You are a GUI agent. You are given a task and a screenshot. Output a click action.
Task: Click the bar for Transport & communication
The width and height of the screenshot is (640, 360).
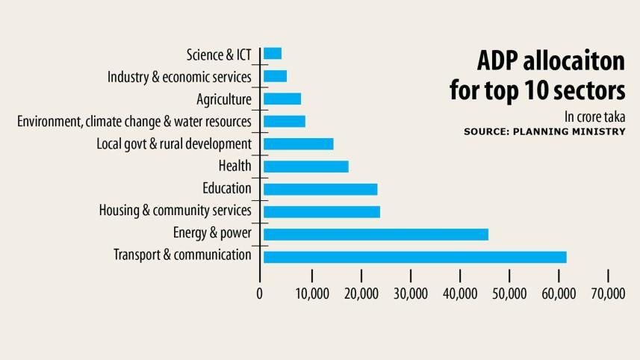[x=414, y=257]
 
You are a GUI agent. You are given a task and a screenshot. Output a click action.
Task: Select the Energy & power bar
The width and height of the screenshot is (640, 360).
[x=376, y=235]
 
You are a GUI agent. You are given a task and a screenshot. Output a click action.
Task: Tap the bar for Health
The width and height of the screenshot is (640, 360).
[x=305, y=167]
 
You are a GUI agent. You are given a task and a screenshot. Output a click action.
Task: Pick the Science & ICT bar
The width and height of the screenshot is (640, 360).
[x=272, y=54]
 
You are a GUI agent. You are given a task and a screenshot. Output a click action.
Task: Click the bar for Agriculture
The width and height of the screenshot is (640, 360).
[x=282, y=99]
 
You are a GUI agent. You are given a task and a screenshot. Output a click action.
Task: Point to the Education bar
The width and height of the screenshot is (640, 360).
[x=320, y=189]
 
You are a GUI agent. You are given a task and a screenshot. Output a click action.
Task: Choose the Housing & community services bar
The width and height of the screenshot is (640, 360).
[x=321, y=211]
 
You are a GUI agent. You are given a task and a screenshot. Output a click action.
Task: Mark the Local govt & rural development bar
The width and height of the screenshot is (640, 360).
[x=298, y=144]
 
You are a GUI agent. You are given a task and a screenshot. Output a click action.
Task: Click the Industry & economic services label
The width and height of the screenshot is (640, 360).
[x=179, y=77]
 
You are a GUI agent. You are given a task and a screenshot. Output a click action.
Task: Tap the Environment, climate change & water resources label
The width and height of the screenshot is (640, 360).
[x=134, y=121]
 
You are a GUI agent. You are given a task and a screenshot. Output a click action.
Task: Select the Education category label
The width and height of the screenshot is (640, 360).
[x=226, y=188]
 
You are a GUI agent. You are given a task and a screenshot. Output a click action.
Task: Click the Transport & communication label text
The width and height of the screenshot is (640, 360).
[x=182, y=255]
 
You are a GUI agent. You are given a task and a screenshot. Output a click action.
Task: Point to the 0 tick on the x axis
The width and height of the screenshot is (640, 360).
[x=260, y=294]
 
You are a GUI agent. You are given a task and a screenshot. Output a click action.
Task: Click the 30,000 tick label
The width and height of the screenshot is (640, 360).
[x=411, y=294]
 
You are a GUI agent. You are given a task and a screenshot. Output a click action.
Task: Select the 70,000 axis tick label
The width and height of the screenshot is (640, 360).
[x=608, y=294]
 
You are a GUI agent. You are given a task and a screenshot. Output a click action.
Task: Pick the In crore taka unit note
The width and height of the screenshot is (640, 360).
[x=595, y=117]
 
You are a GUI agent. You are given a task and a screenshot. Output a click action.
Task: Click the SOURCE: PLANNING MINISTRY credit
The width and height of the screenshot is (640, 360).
[x=544, y=131]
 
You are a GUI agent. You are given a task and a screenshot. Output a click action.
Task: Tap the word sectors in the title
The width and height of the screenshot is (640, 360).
[x=587, y=90]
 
